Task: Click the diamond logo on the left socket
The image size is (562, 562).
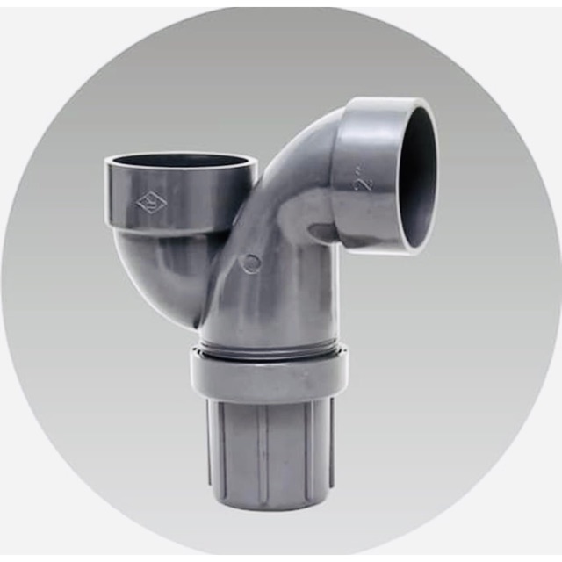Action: [150, 203]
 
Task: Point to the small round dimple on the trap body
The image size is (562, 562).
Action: [252, 263]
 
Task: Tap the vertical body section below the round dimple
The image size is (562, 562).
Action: [263, 307]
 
